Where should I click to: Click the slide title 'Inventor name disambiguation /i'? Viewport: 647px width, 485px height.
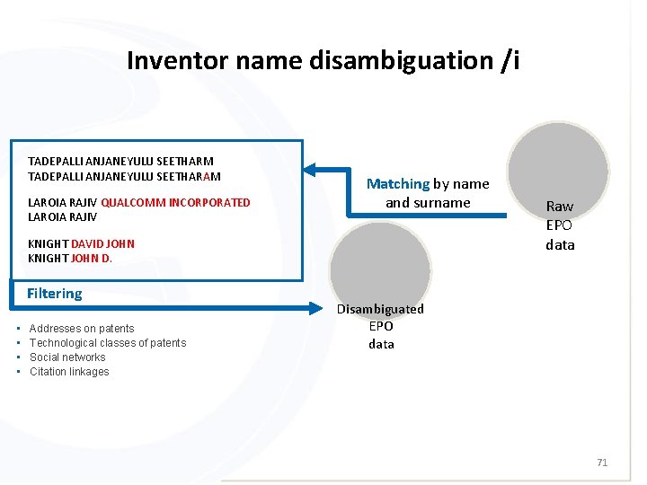pos(323,61)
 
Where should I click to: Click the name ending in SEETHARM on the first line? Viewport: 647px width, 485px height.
pos(120,162)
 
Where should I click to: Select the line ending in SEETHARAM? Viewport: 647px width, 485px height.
pos(124,176)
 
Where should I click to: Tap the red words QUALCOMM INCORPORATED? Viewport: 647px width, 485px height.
pos(176,203)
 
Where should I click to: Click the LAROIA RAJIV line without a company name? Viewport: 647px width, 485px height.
pos(62,217)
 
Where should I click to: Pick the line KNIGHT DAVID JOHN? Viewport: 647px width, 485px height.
pos(81,244)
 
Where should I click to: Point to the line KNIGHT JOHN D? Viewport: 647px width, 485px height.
pos(70,259)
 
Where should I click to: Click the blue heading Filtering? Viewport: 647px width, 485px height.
pos(54,294)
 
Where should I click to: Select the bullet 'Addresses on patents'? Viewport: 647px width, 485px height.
pos(82,329)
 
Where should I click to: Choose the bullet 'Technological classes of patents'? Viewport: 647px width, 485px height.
pos(108,343)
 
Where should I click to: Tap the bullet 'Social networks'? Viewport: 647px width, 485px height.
pos(67,357)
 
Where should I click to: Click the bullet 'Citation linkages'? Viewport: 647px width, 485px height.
pos(69,372)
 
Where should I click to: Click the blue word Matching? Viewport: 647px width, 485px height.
pos(397,184)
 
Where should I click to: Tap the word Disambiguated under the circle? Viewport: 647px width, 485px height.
pos(380,309)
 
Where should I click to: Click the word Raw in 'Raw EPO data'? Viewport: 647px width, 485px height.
pos(560,207)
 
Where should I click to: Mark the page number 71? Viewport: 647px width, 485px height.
pos(602,463)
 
